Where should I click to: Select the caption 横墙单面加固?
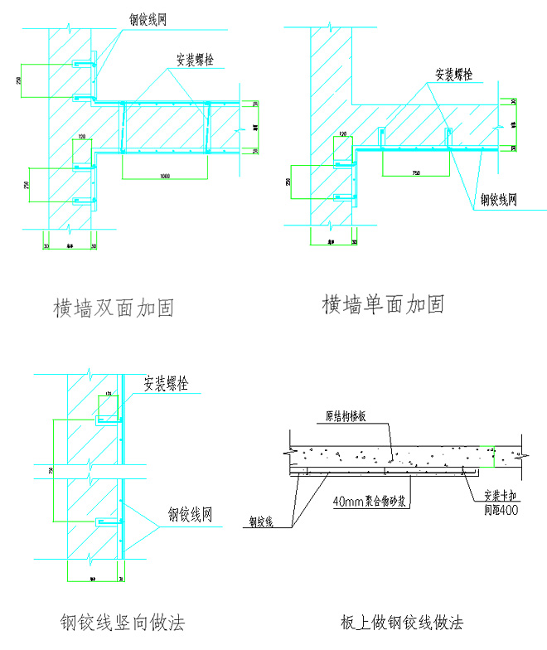pos(383,304)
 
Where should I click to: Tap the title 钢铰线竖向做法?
pos(122,622)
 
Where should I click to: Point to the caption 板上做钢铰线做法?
pos(401,622)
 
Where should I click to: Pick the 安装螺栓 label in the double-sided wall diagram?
pos(198,60)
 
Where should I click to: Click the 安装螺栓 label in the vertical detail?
pos(167,385)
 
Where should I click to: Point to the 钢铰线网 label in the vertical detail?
pos(190,515)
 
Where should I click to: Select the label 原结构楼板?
pos(352,418)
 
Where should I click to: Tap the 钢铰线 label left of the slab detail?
pos(263,523)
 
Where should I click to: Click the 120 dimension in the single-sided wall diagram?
pos(342,134)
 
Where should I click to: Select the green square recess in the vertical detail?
pos(108,408)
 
